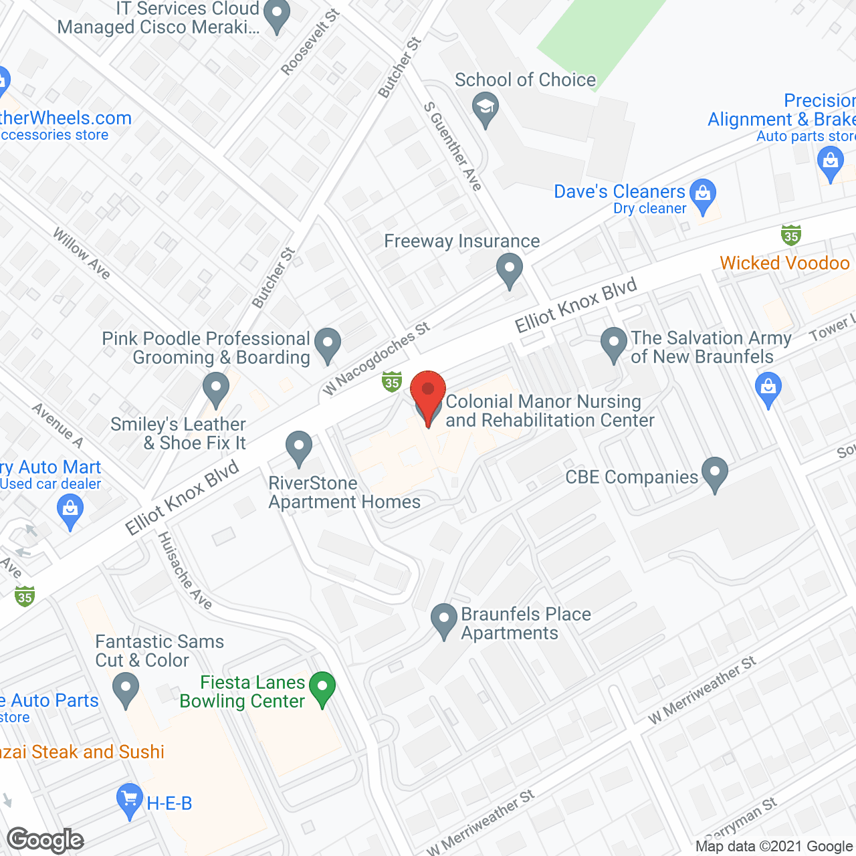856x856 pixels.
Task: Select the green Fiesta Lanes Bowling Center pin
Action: (x=322, y=688)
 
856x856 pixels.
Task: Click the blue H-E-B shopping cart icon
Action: (x=129, y=800)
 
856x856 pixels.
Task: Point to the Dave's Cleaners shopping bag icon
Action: (x=703, y=195)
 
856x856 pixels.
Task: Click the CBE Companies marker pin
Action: (x=715, y=473)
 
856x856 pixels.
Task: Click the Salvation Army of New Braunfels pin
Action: (x=613, y=344)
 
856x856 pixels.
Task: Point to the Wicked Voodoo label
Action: (x=784, y=263)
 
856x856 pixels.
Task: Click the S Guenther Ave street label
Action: (x=453, y=146)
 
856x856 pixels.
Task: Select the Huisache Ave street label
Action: (x=185, y=570)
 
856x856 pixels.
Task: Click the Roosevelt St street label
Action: (x=310, y=42)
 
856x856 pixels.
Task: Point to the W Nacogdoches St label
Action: (x=376, y=358)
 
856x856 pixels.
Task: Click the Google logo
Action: (x=45, y=840)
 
